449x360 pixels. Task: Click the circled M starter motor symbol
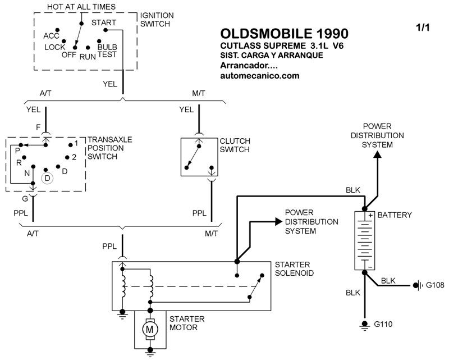pos(149,329)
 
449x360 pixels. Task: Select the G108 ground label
pos(435,285)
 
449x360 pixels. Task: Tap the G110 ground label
pos(384,325)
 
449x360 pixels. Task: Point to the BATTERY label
pos(395,215)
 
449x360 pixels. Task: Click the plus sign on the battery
pos(370,216)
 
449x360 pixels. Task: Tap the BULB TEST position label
pos(107,51)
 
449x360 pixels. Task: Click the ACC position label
pos(51,36)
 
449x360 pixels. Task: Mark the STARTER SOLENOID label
pos(294,269)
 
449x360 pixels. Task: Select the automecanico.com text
pos(260,76)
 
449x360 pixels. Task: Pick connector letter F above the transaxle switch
pos(38,127)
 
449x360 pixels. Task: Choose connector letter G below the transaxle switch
pos(25,198)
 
